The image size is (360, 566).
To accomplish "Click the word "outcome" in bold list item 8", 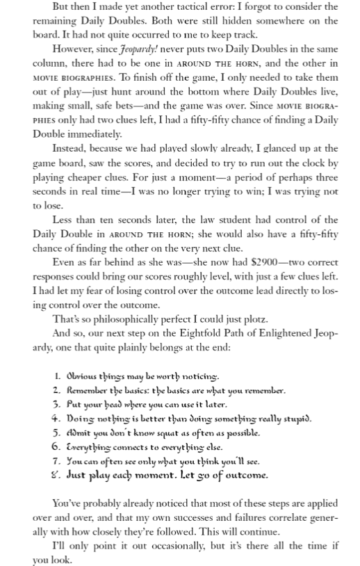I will (243, 476).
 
